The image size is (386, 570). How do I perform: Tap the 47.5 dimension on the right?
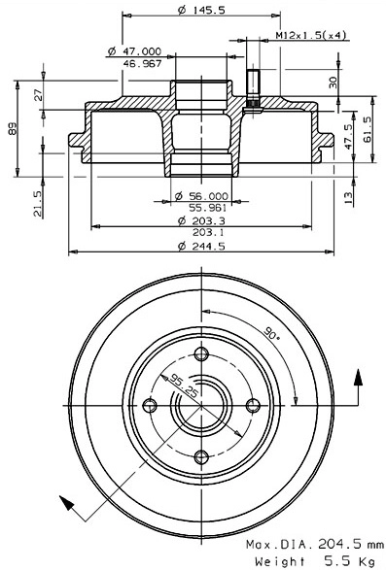tap(350, 134)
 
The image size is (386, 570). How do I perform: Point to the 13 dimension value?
tap(350, 195)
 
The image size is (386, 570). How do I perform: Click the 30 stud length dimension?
tap(333, 82)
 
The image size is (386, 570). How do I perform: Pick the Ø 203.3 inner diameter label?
tap(197, 221)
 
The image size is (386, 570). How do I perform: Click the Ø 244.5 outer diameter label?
tap(197, 246)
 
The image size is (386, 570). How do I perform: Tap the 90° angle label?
tap(271, 335)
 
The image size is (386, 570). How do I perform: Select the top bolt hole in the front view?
tap(201, 353)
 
